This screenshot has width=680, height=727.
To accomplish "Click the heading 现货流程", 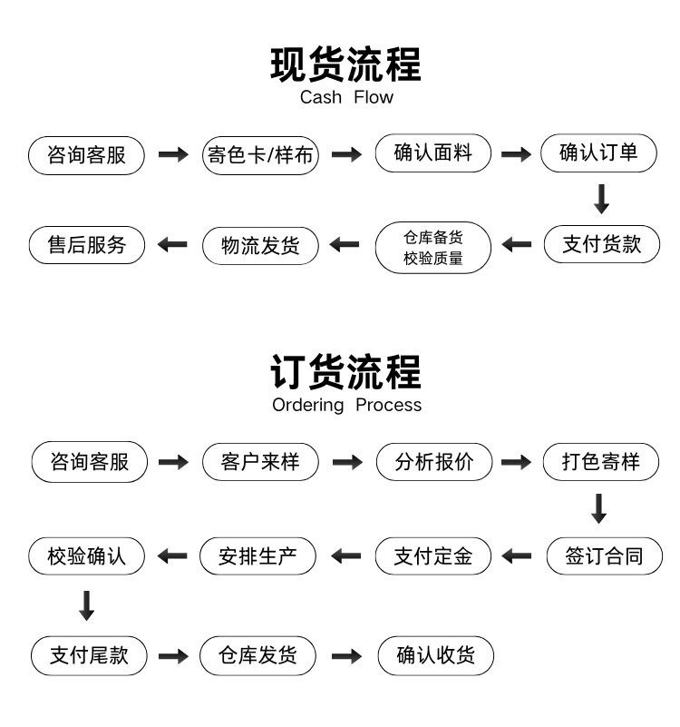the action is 345,64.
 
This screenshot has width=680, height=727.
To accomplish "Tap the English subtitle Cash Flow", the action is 346,97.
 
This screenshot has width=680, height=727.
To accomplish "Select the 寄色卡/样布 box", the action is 260,155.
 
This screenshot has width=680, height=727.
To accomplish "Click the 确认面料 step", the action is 433,153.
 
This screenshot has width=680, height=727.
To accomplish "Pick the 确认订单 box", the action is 598,153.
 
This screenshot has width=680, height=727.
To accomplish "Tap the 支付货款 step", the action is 602,244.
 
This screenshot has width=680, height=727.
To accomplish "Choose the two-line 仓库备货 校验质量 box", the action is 433,248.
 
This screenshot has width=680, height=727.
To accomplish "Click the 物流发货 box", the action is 260,246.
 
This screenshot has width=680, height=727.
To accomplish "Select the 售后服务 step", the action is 87,245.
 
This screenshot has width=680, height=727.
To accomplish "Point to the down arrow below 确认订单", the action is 602,199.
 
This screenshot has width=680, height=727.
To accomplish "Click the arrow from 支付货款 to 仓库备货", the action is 517,244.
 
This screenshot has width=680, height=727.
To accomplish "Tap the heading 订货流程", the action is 345,372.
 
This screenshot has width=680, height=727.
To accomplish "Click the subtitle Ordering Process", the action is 347,405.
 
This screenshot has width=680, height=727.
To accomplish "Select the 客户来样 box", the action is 260,462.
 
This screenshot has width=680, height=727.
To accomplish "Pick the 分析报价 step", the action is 434,462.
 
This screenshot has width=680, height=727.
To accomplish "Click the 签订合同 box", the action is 605,555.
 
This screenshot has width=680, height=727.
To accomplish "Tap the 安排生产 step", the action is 257,555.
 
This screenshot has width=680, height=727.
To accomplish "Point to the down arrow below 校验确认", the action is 87,605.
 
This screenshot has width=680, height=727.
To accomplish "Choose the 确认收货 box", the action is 436,655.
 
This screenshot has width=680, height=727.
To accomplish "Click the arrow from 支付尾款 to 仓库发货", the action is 173,656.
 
